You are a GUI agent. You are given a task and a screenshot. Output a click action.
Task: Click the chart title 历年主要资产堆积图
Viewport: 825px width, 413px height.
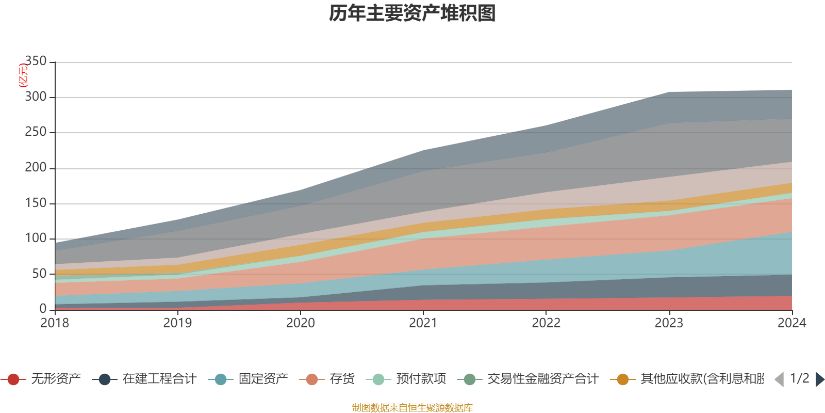pos(412,13)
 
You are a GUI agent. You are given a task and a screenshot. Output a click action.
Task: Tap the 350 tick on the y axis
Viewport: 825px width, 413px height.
pos(36,61)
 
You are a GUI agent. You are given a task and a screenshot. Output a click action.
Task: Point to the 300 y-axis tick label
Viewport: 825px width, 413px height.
pos(36,97)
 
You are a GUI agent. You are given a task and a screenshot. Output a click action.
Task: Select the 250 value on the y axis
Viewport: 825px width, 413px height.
pos(36,132)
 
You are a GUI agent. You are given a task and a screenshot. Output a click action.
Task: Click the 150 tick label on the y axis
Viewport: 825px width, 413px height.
pos(36,203)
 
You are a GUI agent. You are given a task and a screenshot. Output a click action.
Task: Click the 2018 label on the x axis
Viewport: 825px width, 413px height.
pos(55,323)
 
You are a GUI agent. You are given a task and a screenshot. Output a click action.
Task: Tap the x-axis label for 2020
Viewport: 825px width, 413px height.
pos(300,323)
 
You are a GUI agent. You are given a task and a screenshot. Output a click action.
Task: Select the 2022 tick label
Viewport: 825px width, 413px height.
pos(546,323)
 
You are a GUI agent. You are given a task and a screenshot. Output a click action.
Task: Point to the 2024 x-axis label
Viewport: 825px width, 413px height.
pos(791,323)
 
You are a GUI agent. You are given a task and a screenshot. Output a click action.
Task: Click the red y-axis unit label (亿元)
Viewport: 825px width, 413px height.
pos(23,75)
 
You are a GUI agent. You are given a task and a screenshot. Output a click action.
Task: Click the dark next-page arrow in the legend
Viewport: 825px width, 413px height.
pos(819,379)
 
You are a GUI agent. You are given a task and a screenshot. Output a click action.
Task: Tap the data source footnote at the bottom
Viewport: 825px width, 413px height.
pos(412,408)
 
